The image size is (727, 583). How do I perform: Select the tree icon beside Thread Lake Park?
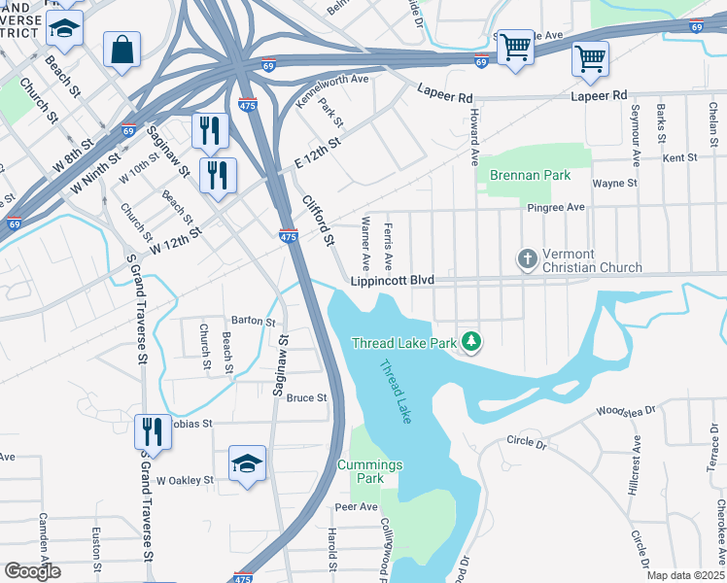click(x=471, y=340)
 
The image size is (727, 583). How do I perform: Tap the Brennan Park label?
click(x=530, y=176)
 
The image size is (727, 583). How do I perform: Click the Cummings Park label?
click(x=369, y=472)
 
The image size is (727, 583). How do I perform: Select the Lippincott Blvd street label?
click(x=392, y=281)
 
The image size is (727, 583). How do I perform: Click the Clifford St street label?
click(x=318, y=219)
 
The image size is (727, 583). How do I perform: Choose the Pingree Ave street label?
click(x=556, y=207)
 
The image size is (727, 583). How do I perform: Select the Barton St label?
click(x=254, y=320)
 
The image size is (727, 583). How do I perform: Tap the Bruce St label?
click(x=306, y=397)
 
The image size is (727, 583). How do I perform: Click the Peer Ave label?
click(x=356, y=507)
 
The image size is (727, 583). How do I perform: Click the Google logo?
click(x=32, y=571)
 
